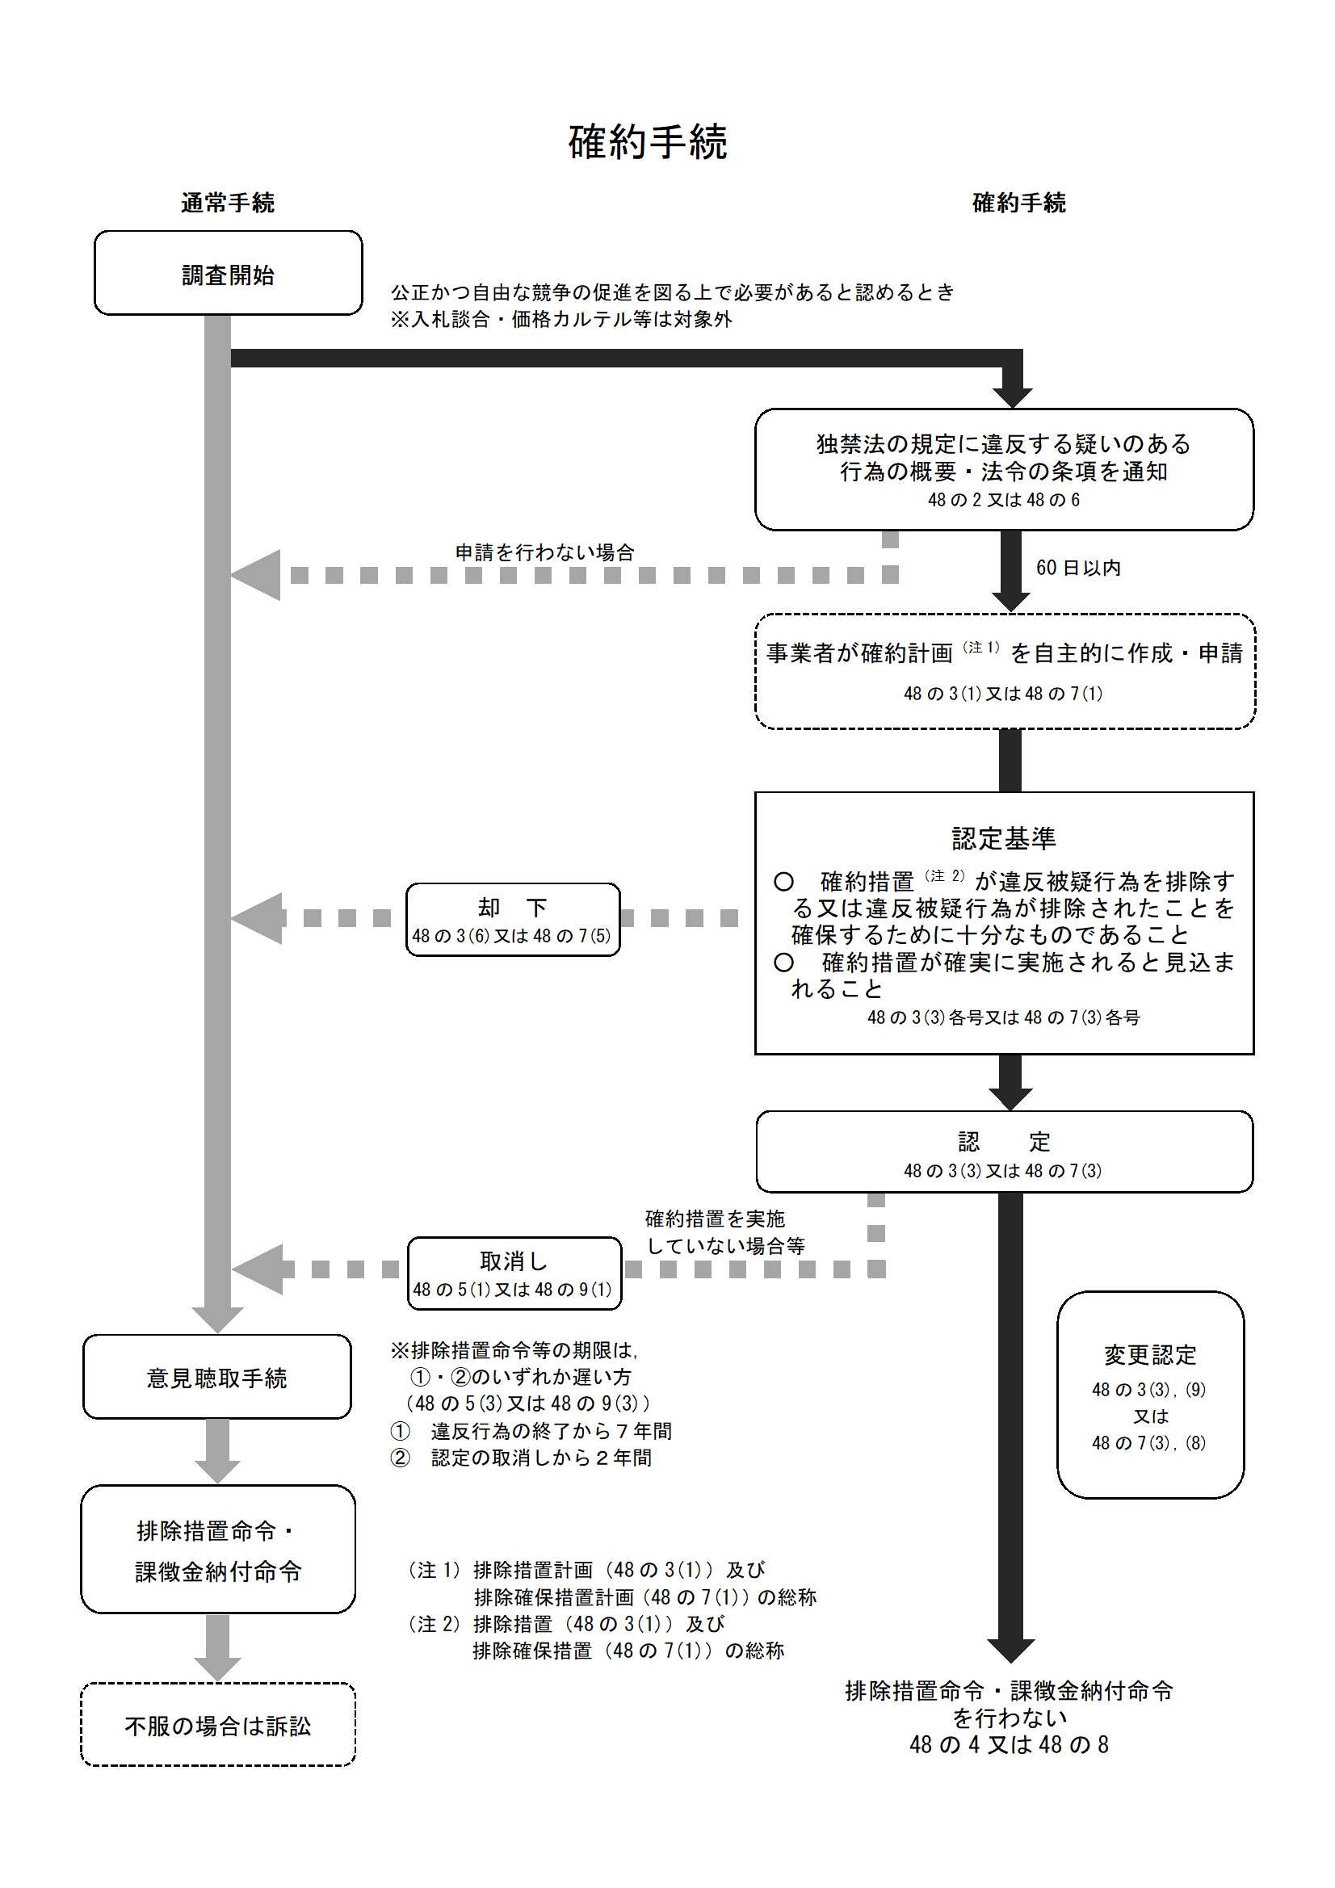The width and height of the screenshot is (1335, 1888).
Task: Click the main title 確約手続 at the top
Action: coord(648,142)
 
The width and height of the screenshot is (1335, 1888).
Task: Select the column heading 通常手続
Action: coord(227,203)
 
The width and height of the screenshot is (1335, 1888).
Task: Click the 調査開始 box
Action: coord(228,274)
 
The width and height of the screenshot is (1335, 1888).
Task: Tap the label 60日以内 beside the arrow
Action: coord(1077,568)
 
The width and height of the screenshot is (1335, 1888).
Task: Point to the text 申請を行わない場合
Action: coord(544,552)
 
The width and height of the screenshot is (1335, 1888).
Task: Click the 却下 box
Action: coord(513,919)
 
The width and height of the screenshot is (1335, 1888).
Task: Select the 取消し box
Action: coord(514,1273)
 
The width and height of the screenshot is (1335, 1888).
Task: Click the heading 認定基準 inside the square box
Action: coord(1004,838)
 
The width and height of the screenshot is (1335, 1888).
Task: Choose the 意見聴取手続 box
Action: coord(216,1378)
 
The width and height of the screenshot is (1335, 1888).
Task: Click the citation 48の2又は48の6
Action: coord(1004,500)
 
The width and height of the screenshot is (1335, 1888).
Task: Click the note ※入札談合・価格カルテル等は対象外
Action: coord(561,320)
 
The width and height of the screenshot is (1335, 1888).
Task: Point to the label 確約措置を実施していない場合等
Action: coord(724,1231)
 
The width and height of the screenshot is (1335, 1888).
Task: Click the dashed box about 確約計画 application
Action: coord(1005,671)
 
